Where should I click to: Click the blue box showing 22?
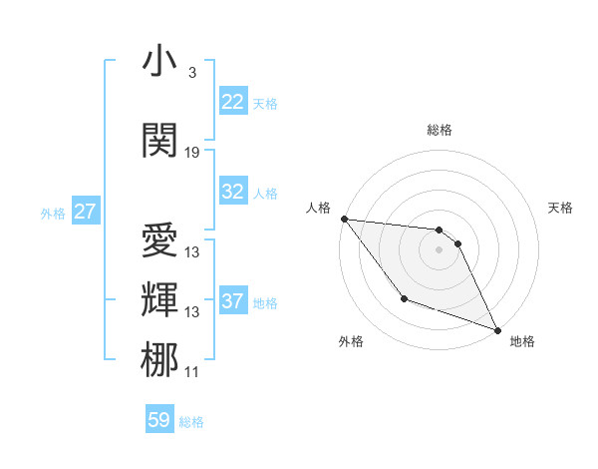point(233,102)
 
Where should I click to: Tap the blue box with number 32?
point(233,192)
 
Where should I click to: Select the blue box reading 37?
point(233,301)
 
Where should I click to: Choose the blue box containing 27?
point(86,212)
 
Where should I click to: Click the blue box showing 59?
point(159,420)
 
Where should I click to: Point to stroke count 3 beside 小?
point(191,73)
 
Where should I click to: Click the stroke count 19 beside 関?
point(192,153)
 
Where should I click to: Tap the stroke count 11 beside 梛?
point(192,372)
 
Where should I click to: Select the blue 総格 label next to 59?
point(191,422)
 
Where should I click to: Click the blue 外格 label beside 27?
point(53,213)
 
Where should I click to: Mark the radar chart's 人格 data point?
point(344,219)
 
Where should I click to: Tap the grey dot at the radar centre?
point(439,249)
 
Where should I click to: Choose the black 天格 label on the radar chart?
point(560,208)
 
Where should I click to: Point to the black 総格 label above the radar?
point(440,130)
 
